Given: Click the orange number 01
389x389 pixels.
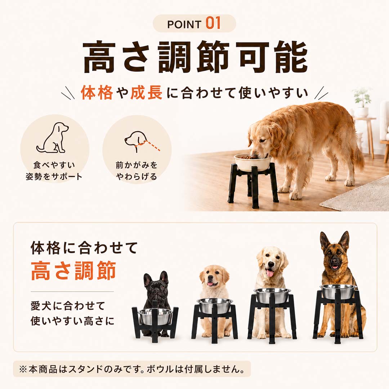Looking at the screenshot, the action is [213, 23].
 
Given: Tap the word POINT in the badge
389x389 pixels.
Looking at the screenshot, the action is [184, 24].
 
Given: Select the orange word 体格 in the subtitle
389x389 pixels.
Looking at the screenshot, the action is [97, 93].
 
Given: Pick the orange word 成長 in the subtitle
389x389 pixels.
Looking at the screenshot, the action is [146, 93].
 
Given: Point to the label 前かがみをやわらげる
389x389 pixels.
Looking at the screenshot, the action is [137, 171].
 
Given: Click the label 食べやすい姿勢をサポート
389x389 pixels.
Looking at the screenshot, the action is [54, 171].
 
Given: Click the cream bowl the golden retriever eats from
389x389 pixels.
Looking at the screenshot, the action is [252, 162].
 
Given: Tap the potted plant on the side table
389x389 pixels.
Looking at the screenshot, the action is [362, 102].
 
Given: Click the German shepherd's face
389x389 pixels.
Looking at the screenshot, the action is [335, 255].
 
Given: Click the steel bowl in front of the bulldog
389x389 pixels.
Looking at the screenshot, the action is [155, 316].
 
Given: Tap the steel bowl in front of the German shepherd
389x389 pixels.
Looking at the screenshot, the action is [338, 291].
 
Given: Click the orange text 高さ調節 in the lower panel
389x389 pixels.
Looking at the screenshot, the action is [73, 271].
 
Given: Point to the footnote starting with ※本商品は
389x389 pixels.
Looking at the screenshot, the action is [131, 369].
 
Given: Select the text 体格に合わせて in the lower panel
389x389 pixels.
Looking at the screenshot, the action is [84, 247].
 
